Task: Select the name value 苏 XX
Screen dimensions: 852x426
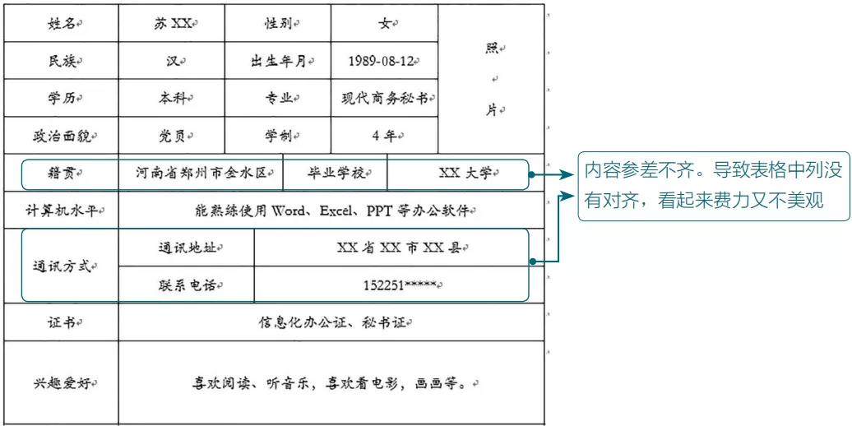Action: tap(170, 24)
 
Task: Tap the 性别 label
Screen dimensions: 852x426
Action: tap(279, 24)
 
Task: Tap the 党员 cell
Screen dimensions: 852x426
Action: tap(172, 136)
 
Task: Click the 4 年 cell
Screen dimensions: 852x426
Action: tap(385, 136)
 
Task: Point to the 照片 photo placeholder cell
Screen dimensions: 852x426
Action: tap(491, 79)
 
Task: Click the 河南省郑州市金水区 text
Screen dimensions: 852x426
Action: tap(201, 173)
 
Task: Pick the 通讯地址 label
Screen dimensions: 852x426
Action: tap(187, 248)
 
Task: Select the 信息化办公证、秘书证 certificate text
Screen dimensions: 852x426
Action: tap(331, 322)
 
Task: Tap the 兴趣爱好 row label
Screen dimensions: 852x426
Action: tap(61, 383)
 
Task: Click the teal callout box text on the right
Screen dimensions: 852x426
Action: tap(714, 186)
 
